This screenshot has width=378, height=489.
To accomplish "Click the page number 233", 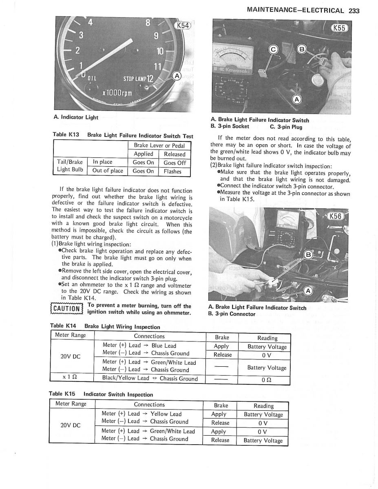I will [x=354, y=11].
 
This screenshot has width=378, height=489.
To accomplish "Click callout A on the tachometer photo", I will [x=177, y=75].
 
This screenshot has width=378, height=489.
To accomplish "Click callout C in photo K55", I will [x=274, y=51].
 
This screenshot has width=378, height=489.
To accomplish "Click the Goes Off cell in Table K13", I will [x=175, y=163].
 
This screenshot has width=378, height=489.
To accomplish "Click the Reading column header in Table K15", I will [x=263, y=405].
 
